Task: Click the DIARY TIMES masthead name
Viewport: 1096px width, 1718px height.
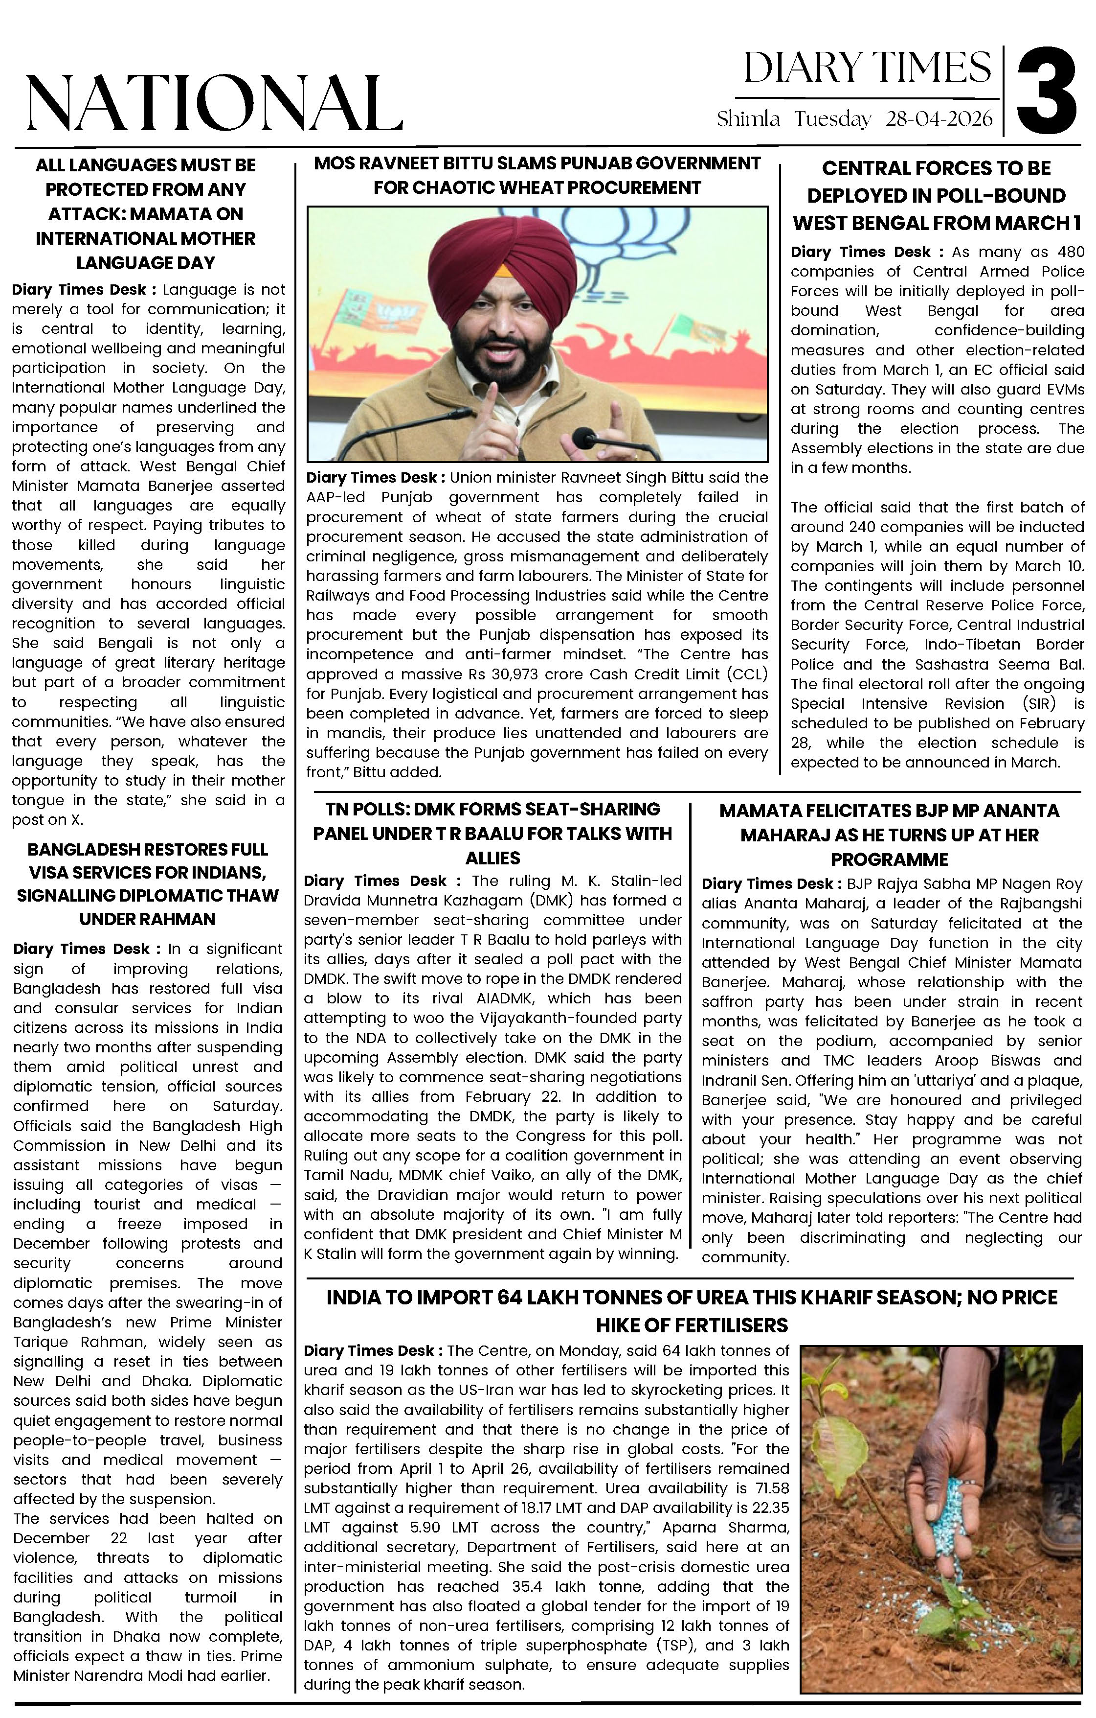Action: click(867, 69)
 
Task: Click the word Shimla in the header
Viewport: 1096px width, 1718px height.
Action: click(748, 119)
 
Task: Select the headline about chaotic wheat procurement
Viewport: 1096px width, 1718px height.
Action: click(537, 176)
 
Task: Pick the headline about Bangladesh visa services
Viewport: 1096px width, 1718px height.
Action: click(148, 884)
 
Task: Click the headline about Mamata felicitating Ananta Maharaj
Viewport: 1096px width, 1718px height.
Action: click(889, 835)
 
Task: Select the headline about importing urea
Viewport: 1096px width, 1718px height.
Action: click(692, 1311)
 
